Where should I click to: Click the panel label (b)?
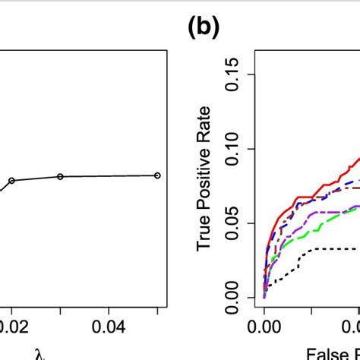coord(202,28)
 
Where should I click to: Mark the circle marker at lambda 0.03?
coord(61,176)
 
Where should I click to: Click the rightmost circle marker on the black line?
coord(157,175)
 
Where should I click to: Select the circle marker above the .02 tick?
coord(11,181)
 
